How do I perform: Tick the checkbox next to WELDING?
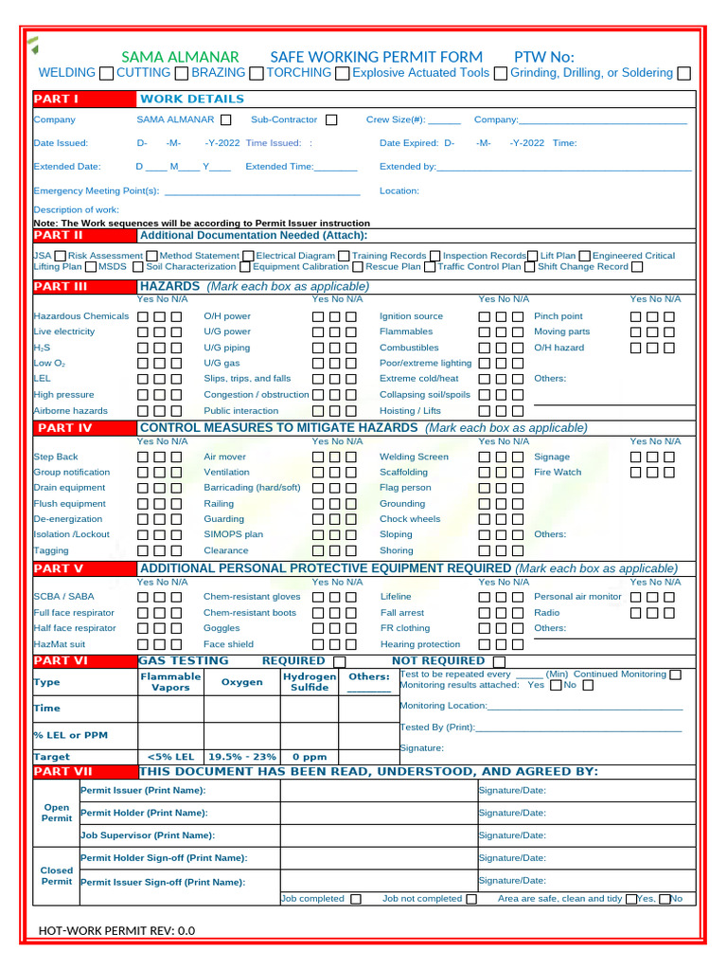[106, 73]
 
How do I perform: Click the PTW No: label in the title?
[543, 57]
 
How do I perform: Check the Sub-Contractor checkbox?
[331, 120]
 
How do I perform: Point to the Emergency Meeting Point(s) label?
[96, 190]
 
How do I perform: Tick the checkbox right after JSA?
[61, 256]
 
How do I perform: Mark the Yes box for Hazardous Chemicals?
[143, 316]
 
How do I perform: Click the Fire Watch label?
[558, 472]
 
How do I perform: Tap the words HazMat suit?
[59, 644]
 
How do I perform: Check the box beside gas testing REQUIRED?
[339, 661]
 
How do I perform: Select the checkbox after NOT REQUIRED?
[500, 661]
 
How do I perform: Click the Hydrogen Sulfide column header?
[310, 682]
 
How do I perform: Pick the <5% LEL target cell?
[171, 757]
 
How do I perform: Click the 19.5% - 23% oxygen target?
[242, 757]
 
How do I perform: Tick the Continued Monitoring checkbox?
[675, 674]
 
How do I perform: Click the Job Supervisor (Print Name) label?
[147, 835]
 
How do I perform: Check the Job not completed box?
[471, 899]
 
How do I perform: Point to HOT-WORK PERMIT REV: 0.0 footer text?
[116, 930]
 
